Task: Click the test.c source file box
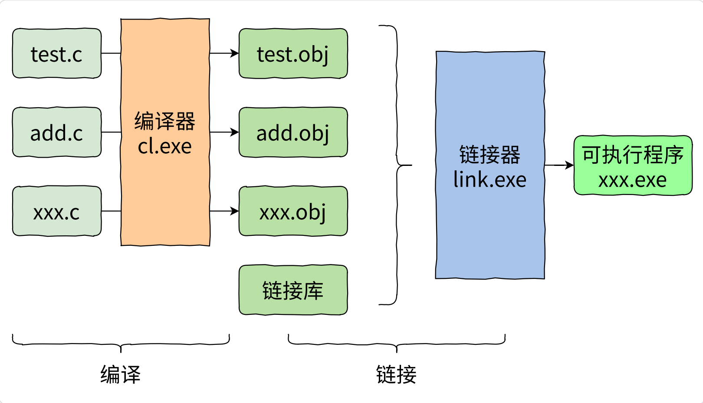point(57,54)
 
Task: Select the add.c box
point(57,132)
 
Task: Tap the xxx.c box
point(57,211)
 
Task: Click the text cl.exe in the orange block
point(165,146)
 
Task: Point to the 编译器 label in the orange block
point(165,121)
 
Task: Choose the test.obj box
point(293,54)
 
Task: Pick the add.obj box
point(293,132)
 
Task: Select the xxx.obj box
point(293,211)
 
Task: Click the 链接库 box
point(293,290)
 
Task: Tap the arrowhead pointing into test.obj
point(235,53)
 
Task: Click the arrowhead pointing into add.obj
point(235,132)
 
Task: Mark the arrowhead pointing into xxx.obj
point(235,211)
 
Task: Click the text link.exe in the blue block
point(490,180)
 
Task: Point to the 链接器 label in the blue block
point(490,155)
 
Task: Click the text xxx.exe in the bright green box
point(632,180)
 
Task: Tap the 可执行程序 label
point(632,155)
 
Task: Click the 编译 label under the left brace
point(121,374)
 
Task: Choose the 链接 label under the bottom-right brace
point(396,374)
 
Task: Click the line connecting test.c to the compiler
point(111,53)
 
